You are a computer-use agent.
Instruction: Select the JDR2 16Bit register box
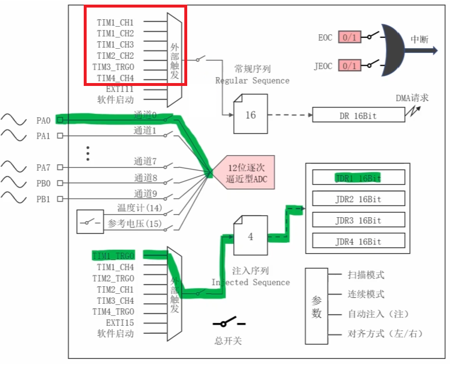tap(358, 199)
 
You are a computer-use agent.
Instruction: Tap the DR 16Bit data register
tap(358, 116)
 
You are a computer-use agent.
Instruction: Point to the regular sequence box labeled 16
tap(251, 114)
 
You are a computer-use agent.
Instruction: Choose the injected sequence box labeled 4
tap(251, 236)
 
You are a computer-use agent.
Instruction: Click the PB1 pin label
tap(43, 199)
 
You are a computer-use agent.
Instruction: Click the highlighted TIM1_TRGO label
tap(113, 256)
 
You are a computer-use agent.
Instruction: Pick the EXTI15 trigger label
tap(119, 322)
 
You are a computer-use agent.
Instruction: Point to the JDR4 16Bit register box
tap(358, 242)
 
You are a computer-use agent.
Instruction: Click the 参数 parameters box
tap(316, 307)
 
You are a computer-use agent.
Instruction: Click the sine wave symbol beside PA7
tap(14, 167)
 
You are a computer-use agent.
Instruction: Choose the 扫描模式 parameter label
tap(366, 275)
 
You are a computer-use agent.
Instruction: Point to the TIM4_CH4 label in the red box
tap(115, 78)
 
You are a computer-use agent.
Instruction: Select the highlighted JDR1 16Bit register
tap(358, 178)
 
